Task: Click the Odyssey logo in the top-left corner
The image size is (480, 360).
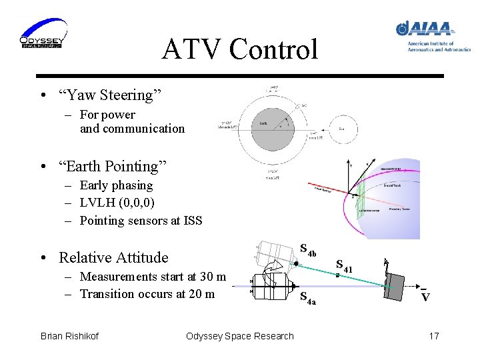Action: coord(41,34)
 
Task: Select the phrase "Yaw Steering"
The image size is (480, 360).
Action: coord(106,95)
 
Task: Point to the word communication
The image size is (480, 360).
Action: coord(132,129)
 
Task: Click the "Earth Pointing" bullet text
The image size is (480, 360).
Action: coord(113,166)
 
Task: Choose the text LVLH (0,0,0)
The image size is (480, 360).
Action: coord(117,203)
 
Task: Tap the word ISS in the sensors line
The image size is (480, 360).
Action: coord(191,221)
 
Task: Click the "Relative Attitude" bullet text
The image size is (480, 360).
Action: coord(113,257)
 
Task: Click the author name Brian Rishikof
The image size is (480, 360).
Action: coord(69,336)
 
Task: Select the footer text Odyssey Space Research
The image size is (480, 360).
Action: coord(239,336)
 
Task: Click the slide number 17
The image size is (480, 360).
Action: coord(433,336)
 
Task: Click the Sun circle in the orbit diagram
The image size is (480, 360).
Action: coord(341,129)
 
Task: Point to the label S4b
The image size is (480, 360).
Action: coord(311,251)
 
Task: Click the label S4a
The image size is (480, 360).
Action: coord(307,298)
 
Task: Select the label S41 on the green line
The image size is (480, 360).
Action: coord(343,267)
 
